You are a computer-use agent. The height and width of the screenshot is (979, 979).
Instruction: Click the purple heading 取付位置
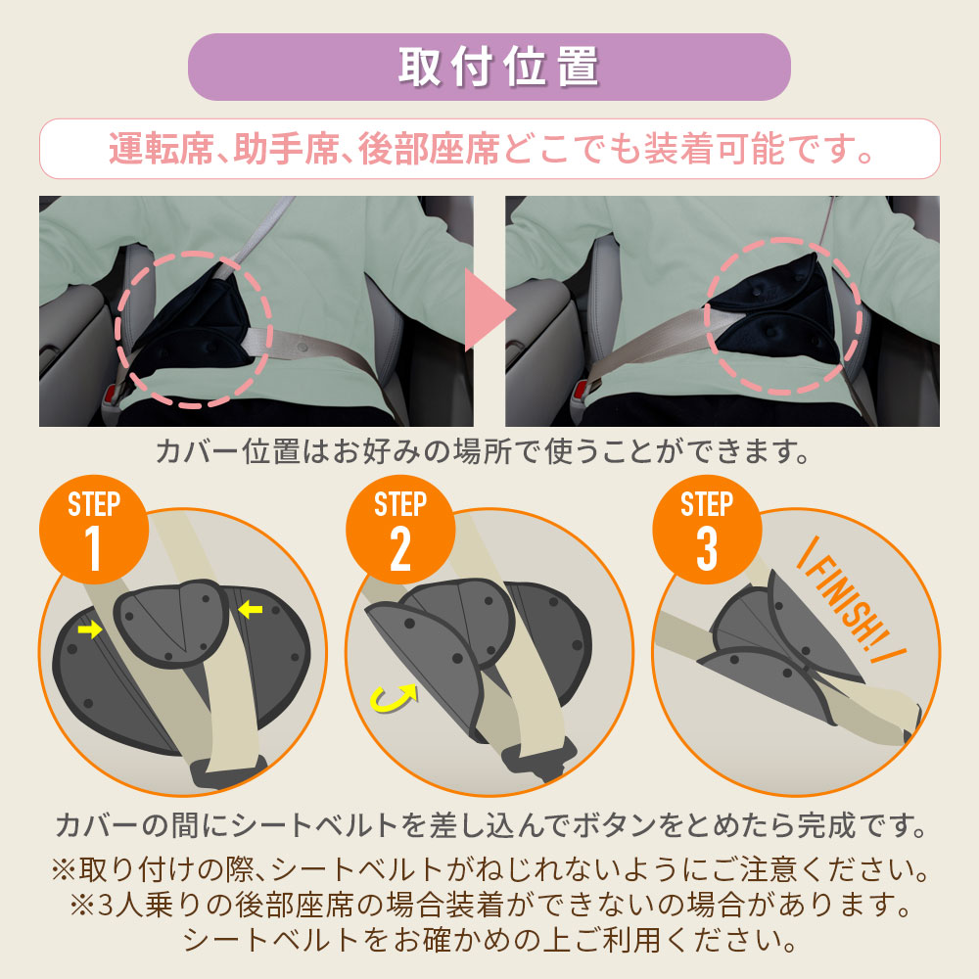pyautogui.click(x=499, y=67)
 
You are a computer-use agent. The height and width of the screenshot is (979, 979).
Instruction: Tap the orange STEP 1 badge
pyautogui.click(x=94, y=530)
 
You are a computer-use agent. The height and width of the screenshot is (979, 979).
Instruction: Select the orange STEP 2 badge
pyautogui.click(x=400, y=530)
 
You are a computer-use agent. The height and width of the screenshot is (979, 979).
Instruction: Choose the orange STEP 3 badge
pyautogui.click(x=707, y=530)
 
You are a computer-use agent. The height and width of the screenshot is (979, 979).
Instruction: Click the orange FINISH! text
pyautogui.click(x=851, y=601)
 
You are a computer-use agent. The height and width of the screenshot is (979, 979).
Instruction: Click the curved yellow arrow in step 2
pyautogui.click(x=394, y=698)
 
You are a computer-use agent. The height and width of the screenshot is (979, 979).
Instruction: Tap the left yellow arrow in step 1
pyautogui.click(x=90, y=629)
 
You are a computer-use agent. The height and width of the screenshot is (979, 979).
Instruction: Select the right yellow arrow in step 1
pyautogui.click(x=251, y=609)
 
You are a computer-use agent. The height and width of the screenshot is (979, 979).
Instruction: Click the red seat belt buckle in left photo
pyautogui.click(x=113, y=395)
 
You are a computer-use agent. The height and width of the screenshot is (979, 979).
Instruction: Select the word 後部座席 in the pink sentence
pyautogui.click(x=429, y=149)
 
